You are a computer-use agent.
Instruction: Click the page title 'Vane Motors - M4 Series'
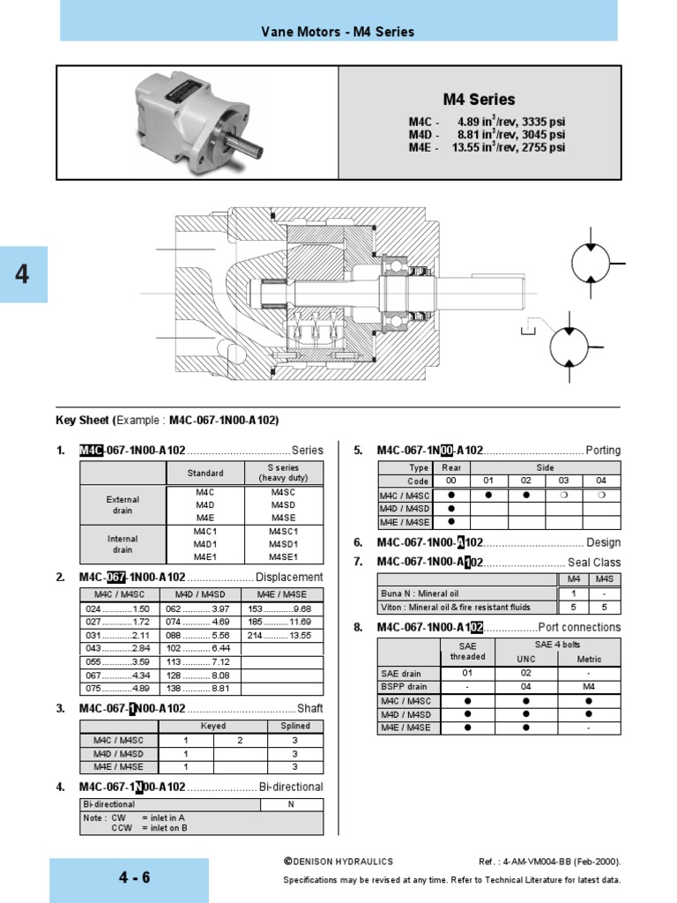tap(338, 32)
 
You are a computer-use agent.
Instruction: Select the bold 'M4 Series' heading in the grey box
tap(479, 100)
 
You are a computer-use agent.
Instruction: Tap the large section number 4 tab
tap(23, 274)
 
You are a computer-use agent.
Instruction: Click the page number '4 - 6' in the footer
tap(135, 877)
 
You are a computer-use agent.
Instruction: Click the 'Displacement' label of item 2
tap(289, 578)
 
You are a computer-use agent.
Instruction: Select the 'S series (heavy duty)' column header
tap(283, 473)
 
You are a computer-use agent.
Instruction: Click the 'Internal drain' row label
tap(123, 544)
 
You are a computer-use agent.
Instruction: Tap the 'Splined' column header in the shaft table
tap(295, 726)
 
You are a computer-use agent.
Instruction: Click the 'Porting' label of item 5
tap(603, 451)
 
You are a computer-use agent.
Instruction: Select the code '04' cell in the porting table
tap(601, 481)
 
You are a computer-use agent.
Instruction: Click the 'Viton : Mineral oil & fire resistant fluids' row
tap(467, 607)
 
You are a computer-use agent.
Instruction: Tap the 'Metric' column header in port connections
tap(589, 659)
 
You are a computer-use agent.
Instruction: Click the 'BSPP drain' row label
tap(403, 685)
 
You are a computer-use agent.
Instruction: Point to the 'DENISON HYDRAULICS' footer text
tap(338, 862)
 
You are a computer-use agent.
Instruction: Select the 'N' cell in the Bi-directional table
tap(291, 804)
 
